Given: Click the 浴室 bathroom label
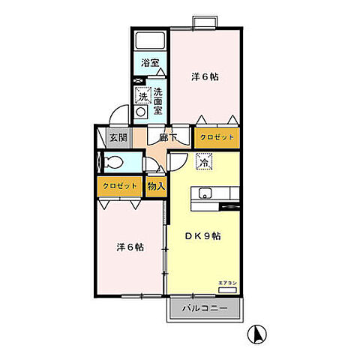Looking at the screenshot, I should pos(150,64).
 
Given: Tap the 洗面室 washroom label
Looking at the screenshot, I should pos(158,100).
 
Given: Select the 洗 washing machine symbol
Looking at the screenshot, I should pos(141,95).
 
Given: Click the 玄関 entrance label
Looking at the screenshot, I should pos(117,137).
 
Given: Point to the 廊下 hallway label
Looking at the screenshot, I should pos(168,137).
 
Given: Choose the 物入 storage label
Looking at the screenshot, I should pos(156,185).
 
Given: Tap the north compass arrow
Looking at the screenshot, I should pos(256,334).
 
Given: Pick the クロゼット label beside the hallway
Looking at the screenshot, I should pos(217,137).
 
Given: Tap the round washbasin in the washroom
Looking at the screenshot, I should pos(140,113).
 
